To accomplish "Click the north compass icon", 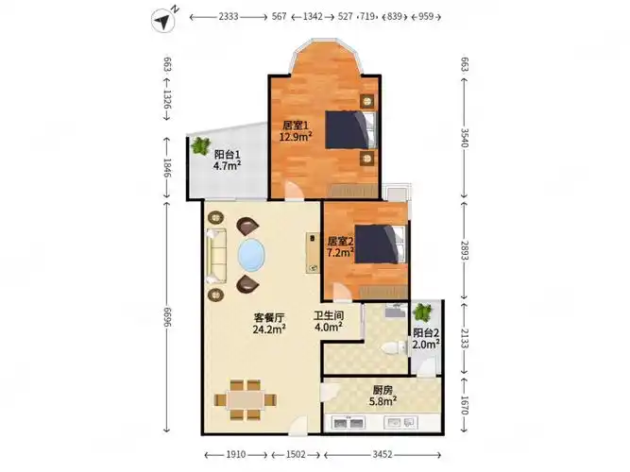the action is pos(164,20).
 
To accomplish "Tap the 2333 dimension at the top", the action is pos(229,16).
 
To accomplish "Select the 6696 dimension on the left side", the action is pos(167,317).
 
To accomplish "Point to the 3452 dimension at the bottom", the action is pos(383,454).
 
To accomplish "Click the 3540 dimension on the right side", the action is pos(464,138).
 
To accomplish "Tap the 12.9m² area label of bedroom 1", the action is pos(296,137).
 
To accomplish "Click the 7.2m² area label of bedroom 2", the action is pos(340,253).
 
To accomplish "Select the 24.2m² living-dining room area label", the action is pos(269,329).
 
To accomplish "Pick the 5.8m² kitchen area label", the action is pos(383,401).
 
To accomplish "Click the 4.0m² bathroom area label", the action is pos(329,328).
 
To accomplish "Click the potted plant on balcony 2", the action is pos(422,312).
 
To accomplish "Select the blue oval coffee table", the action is pos(251,255).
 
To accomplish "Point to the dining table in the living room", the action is pos(245,400).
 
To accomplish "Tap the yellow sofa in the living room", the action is pos(216,256).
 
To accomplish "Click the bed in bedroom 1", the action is pos(350,129).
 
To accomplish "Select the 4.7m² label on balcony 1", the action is pos(227,165).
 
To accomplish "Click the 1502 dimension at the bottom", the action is pos(296,454).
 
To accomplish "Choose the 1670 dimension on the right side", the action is pos(464,405).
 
